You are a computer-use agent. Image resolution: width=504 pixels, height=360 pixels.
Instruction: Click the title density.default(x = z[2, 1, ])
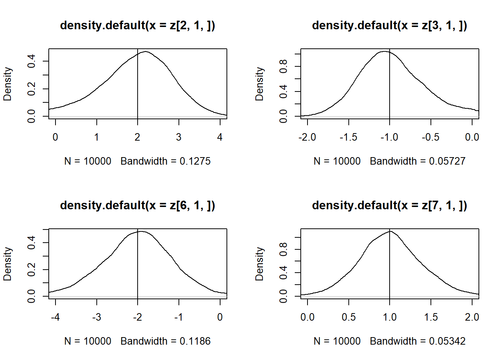coord(137,25)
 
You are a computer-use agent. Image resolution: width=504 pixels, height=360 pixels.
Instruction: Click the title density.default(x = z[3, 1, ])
coord(389,25)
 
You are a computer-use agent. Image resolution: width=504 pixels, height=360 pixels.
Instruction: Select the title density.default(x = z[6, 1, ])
coord(137,205)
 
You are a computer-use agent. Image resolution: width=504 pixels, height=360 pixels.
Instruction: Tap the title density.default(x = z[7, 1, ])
coord(389,205)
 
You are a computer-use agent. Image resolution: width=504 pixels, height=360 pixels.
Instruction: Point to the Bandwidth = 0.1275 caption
coord(165,161)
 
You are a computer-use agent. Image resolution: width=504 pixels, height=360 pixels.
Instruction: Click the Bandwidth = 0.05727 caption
coord(417,161)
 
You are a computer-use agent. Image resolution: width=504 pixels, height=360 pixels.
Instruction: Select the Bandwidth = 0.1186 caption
coord(165,341)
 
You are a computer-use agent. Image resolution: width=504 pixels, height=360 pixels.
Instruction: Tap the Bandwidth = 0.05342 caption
coord(417,341)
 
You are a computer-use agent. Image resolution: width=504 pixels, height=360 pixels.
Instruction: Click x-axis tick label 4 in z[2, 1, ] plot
coord(220,137)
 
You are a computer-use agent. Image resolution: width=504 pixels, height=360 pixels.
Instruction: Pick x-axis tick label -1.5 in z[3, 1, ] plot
coord(348,137)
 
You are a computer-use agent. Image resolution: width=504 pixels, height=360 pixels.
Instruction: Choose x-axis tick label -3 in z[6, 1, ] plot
coord(96,317)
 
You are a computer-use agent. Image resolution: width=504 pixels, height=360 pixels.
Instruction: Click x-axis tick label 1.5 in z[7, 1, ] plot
coord(431,317)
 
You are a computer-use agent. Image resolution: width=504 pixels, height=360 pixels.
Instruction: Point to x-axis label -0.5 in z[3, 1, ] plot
coord(430,137)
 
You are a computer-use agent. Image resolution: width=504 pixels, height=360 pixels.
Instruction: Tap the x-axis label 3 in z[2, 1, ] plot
coord(178,137)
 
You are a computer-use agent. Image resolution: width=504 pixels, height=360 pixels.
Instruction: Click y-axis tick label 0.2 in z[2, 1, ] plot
coord(31,89)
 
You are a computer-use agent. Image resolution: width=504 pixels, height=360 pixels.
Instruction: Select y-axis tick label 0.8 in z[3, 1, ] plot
coord(283,66)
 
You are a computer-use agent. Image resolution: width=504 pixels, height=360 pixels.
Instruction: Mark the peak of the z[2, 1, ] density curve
coord(145,51)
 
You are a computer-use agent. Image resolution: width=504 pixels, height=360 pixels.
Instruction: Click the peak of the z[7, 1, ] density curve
coord(390,231)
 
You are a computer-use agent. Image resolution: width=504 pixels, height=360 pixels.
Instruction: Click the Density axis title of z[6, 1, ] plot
coord(7,264)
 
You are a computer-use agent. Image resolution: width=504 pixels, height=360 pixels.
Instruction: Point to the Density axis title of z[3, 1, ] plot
coord(259,84)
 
